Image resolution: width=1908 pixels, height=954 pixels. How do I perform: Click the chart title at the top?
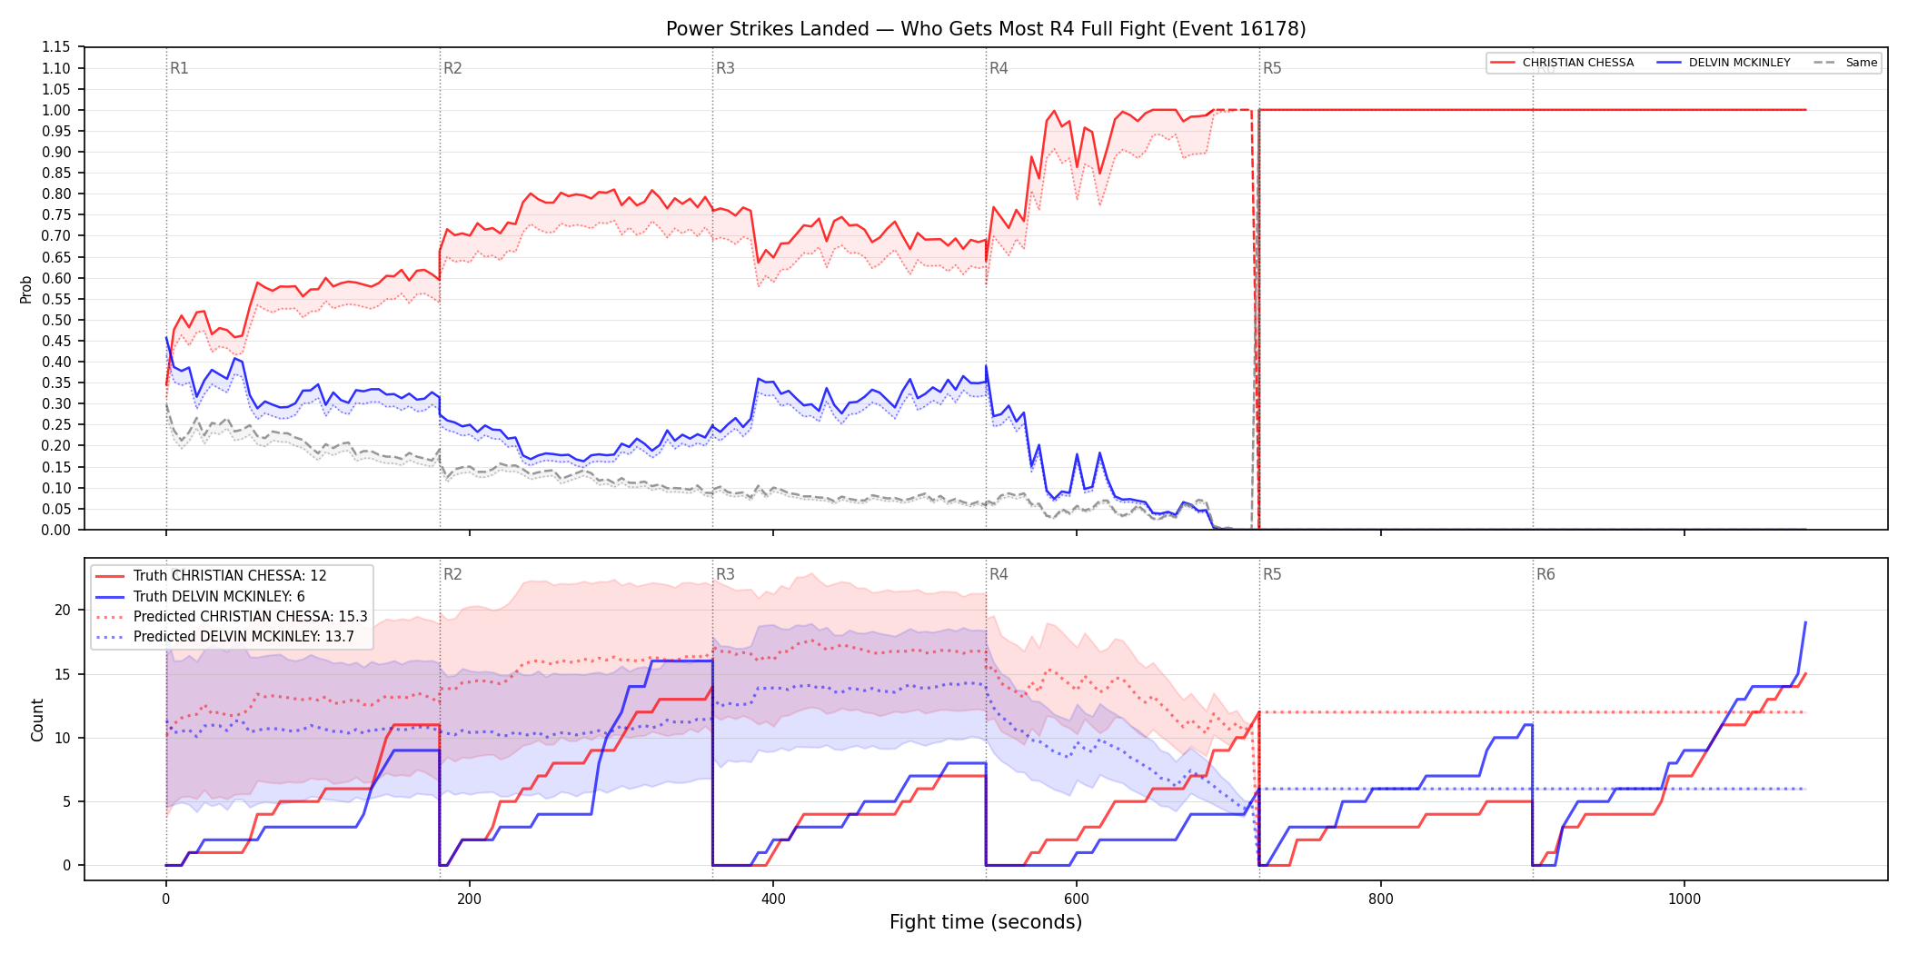point(986,29)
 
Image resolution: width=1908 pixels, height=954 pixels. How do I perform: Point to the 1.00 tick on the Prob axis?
point(55,110)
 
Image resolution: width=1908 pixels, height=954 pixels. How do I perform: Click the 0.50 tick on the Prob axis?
point(55,320)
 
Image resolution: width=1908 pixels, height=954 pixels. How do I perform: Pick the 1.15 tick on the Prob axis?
point(55,47)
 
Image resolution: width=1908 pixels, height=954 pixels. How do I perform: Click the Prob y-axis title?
point(26,289)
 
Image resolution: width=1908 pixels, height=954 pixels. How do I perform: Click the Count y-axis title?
point(37,720)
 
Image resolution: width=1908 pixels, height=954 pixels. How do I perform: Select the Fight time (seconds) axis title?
point(986,922)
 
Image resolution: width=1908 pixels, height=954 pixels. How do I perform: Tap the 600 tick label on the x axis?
point(1077,899)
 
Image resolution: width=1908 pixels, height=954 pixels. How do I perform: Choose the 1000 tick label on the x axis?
point(1684,899)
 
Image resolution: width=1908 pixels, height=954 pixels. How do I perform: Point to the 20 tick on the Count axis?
point(63,610)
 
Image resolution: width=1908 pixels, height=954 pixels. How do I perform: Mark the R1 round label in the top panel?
point(179,68)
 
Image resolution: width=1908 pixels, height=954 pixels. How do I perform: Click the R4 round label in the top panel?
point(999,68)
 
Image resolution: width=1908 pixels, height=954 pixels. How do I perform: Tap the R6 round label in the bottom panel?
point(1545,574)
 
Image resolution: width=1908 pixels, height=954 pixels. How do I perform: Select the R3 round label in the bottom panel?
point(725,574)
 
